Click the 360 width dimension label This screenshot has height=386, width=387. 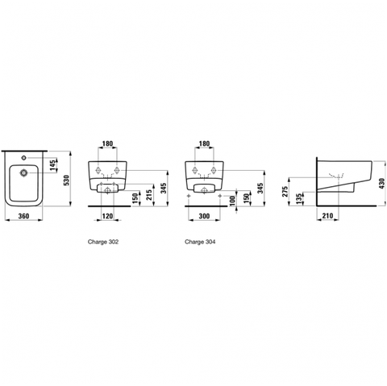[23, 216]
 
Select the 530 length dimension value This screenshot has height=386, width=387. [66, 180]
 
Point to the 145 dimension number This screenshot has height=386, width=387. [53, 165]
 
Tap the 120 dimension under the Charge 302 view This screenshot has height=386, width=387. [107, 216]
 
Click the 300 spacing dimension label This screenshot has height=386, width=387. [204, 216]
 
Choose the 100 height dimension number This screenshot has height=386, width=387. [233, 201]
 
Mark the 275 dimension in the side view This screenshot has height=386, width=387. [285, 192]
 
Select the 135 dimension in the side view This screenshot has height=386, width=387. [299, 199]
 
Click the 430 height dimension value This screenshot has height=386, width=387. [382, 183]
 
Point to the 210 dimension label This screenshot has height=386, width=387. [327, 215]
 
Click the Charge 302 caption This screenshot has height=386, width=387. [103, 242]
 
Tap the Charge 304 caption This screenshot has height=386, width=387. [200, 242]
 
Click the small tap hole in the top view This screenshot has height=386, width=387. [23, 157]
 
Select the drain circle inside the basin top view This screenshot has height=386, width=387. [23, 172]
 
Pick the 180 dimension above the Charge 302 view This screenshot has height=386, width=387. [107, 143]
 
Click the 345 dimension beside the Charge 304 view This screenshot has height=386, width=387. [260, 188]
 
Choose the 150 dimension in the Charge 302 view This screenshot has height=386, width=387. [135, 198]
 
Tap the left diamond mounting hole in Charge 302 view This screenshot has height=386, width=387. [98, 170]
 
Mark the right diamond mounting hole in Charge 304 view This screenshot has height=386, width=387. [214, 170]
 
